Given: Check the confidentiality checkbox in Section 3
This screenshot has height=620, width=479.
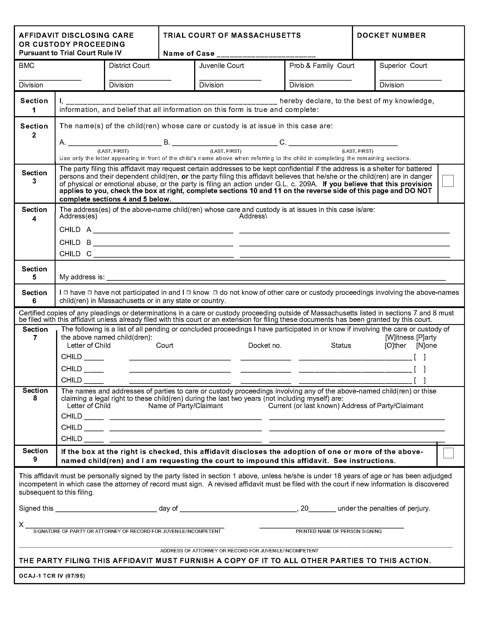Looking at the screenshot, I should (x=448, y=181).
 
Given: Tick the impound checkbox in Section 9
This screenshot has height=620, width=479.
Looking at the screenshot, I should (x=448, y=453).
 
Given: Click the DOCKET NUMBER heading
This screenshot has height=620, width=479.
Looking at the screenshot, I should (x=391, y=36).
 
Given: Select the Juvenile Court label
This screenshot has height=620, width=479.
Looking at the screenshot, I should (x=221, y=66).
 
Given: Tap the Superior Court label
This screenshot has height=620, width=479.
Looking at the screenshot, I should (x=403, y=66).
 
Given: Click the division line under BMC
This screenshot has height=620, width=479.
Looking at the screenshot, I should (x=50, y=79).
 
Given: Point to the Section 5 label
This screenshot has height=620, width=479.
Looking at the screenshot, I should (x=34, y=273).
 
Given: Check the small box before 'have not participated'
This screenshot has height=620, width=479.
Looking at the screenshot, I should (x=90, y=293).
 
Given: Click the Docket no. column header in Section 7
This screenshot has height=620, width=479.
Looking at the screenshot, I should (x=265, y=346).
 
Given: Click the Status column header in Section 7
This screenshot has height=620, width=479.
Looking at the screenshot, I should (x=341, y=346).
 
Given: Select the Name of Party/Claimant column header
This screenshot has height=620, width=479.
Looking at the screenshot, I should (x=185, y=406).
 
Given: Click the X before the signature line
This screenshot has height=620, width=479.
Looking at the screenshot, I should (x=21, y=524).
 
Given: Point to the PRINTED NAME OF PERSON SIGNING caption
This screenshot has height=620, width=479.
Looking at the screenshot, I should (x=338, y=531).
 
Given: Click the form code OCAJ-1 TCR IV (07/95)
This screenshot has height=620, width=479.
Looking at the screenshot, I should (x=52, y=576).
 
